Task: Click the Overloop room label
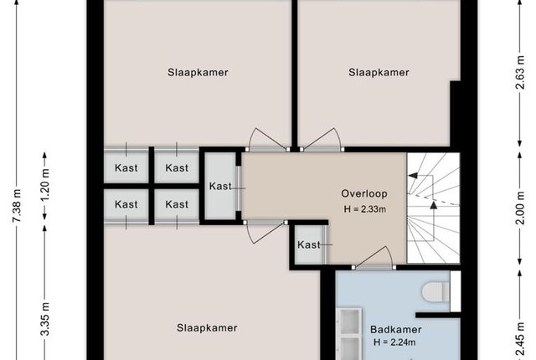[364, 193]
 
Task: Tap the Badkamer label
[396, 330]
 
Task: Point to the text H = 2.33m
[365, 209]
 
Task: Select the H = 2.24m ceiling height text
[394, 342]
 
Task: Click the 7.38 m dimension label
[17, 205]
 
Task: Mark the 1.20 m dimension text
[44, 185]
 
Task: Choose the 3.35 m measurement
[45, 319]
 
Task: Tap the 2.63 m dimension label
[519, 72]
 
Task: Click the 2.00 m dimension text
[519, 208]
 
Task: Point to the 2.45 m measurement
[519, 340]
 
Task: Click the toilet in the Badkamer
[436, 291]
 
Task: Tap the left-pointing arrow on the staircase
[421, 176]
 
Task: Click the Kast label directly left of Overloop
[220, 186]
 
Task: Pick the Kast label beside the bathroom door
[309, 244]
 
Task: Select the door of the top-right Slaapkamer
[322, 139]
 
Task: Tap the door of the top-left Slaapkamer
[267, 139]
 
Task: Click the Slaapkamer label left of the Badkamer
[207, 328]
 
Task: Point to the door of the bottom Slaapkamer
[265, 233]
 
